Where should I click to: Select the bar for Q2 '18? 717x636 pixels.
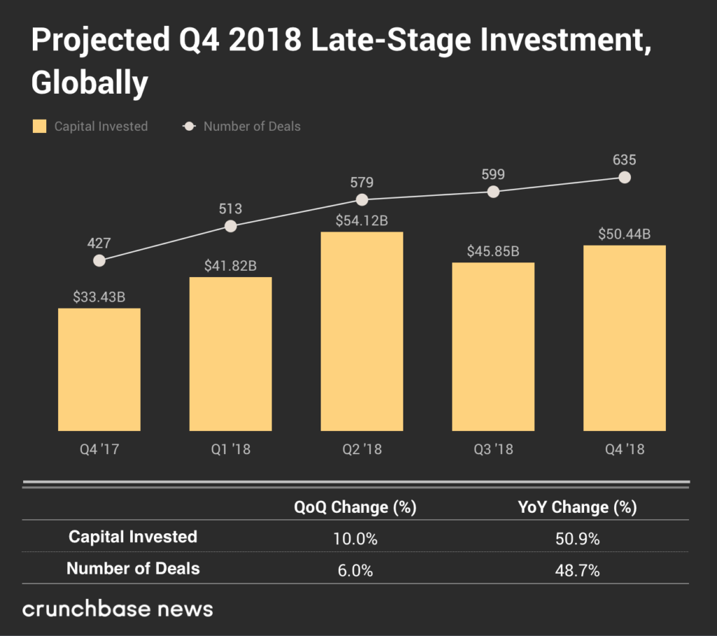(361, 331)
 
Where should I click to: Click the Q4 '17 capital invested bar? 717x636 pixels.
(99, 369)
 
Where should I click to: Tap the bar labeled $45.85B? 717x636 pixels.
(493, 346)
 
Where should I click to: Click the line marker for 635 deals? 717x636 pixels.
(625, 178)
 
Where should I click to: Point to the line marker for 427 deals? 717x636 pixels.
(99, 260)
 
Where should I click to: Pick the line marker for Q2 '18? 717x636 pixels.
(362, 199)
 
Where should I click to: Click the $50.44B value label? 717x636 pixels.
(625, 234)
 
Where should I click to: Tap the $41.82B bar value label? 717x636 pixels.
(230, 266)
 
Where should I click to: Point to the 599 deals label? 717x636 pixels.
(493, 174)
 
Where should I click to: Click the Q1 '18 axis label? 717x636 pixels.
(230, 449)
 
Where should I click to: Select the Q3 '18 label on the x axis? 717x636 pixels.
(493, 449)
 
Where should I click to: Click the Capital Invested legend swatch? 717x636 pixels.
(40, 127)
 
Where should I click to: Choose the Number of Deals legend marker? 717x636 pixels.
(188, 127)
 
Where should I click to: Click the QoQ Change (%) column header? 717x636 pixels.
(355, 507)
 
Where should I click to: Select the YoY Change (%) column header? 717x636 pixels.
(576, 507)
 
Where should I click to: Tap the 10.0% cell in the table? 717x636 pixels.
(355, 539)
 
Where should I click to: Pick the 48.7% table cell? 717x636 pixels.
(576, 570)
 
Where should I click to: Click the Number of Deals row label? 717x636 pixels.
(133, 569)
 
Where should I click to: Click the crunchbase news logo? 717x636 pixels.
(118, 608)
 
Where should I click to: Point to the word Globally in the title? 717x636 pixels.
(90, 83)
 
